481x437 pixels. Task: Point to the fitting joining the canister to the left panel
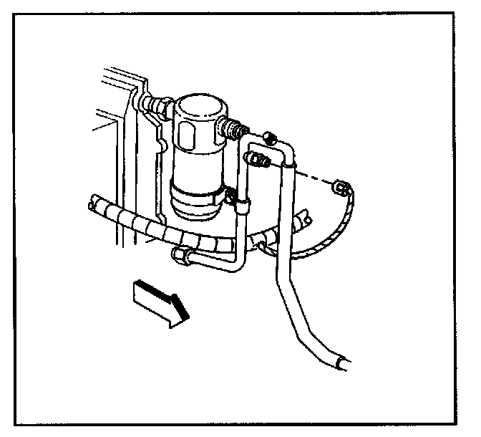(155, 107)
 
